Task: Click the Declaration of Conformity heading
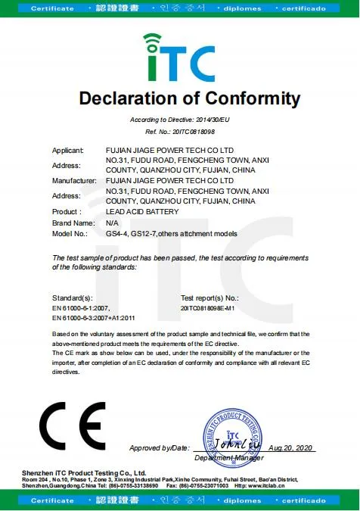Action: pyautogui.click(x=190, y=99)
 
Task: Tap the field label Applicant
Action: pyautogui.click(x=67, y=151)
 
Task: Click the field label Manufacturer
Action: pyautogui.click(x=73, y=182)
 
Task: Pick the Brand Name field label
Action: pyautogui.click(x=73, y=223)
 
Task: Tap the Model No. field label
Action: pyautogui.click(x=70, y=234)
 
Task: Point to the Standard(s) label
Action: pyautogui.click(x=73, y=299)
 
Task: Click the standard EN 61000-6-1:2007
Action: pyautogui.click(x=82, y=309)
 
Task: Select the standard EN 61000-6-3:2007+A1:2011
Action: pyautogui.click(x=94, y=319)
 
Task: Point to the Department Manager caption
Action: pyautogui.click(x=228, y=458)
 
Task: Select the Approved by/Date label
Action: pyautogui.click(x=159, y=449)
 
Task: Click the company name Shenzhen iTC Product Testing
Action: pyautogui.click(x=89, y=472)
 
